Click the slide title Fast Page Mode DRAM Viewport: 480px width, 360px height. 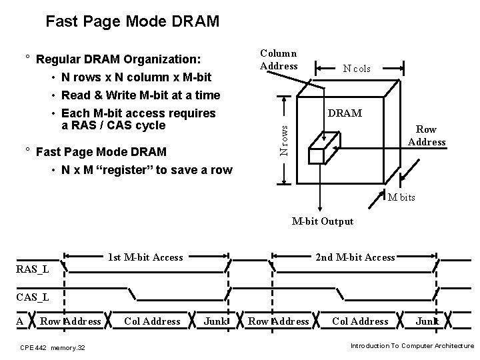pos(131,22)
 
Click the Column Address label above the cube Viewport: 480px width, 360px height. pos(279,59)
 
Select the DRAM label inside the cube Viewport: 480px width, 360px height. pos(345,113)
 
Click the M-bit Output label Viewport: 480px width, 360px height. pos(323,221)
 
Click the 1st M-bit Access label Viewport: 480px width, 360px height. pos(145,257)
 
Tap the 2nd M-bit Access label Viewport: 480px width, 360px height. pos(355,257)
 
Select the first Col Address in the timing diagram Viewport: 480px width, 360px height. pos(152,321)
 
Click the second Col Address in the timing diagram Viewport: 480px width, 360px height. pos(360,321)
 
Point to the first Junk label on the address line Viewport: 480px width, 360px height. pos(215,321)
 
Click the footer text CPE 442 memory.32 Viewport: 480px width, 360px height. pos(52,347)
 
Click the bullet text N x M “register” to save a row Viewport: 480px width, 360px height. pos(147,170)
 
